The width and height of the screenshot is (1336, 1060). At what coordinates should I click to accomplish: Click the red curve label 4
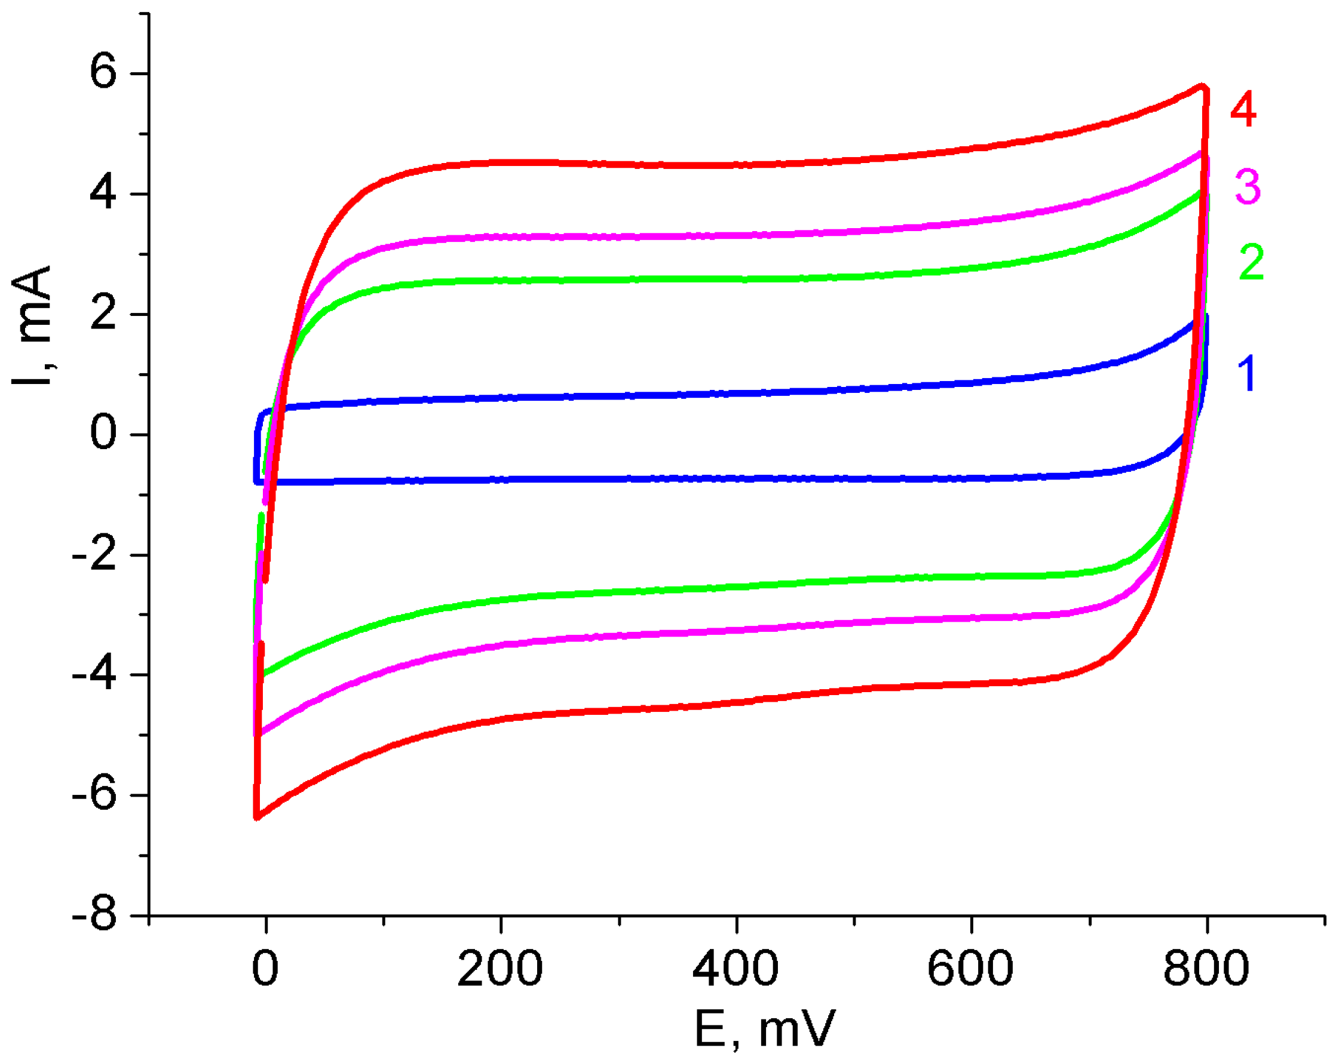(x=1243, y=110)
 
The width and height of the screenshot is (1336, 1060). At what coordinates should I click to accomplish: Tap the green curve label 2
(x=1251, y=263)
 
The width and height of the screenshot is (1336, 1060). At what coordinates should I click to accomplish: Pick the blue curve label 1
(x=1248, y=374)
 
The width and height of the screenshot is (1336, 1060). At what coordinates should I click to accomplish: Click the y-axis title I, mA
(x=32, y=325)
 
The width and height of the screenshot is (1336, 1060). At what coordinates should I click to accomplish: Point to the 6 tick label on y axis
(x=103, y=71)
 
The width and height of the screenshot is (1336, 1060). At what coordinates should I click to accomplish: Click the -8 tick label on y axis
(x=94, y=914)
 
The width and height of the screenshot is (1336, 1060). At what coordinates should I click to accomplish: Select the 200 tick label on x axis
(x=500, y=968)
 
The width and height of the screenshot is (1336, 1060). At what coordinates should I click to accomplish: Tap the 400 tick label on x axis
(x=735, y=968)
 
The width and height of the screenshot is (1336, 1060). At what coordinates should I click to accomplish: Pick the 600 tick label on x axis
(x=970, y=968)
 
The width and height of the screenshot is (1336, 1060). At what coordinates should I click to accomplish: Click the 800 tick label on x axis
(x=1205, y=968)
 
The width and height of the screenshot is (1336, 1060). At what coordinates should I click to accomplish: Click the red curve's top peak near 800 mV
(x=1203, y=86)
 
